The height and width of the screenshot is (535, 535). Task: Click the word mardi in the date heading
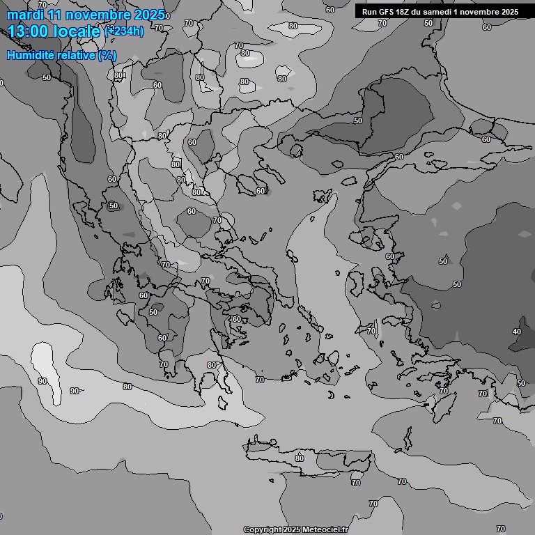(25, 15)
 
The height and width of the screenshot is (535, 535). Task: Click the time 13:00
(32, 31)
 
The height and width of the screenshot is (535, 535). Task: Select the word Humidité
(29, 55)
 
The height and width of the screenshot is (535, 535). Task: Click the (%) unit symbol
(107, 55)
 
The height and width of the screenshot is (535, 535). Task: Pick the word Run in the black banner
(369, 12)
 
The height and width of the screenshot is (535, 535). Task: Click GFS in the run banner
(387, 12)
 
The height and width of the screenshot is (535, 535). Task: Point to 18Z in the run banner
(404, 12)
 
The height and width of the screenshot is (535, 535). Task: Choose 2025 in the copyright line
(293, 530)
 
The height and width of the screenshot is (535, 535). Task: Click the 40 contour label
(516, 332)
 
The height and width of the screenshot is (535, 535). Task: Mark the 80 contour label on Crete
(300, 458)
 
